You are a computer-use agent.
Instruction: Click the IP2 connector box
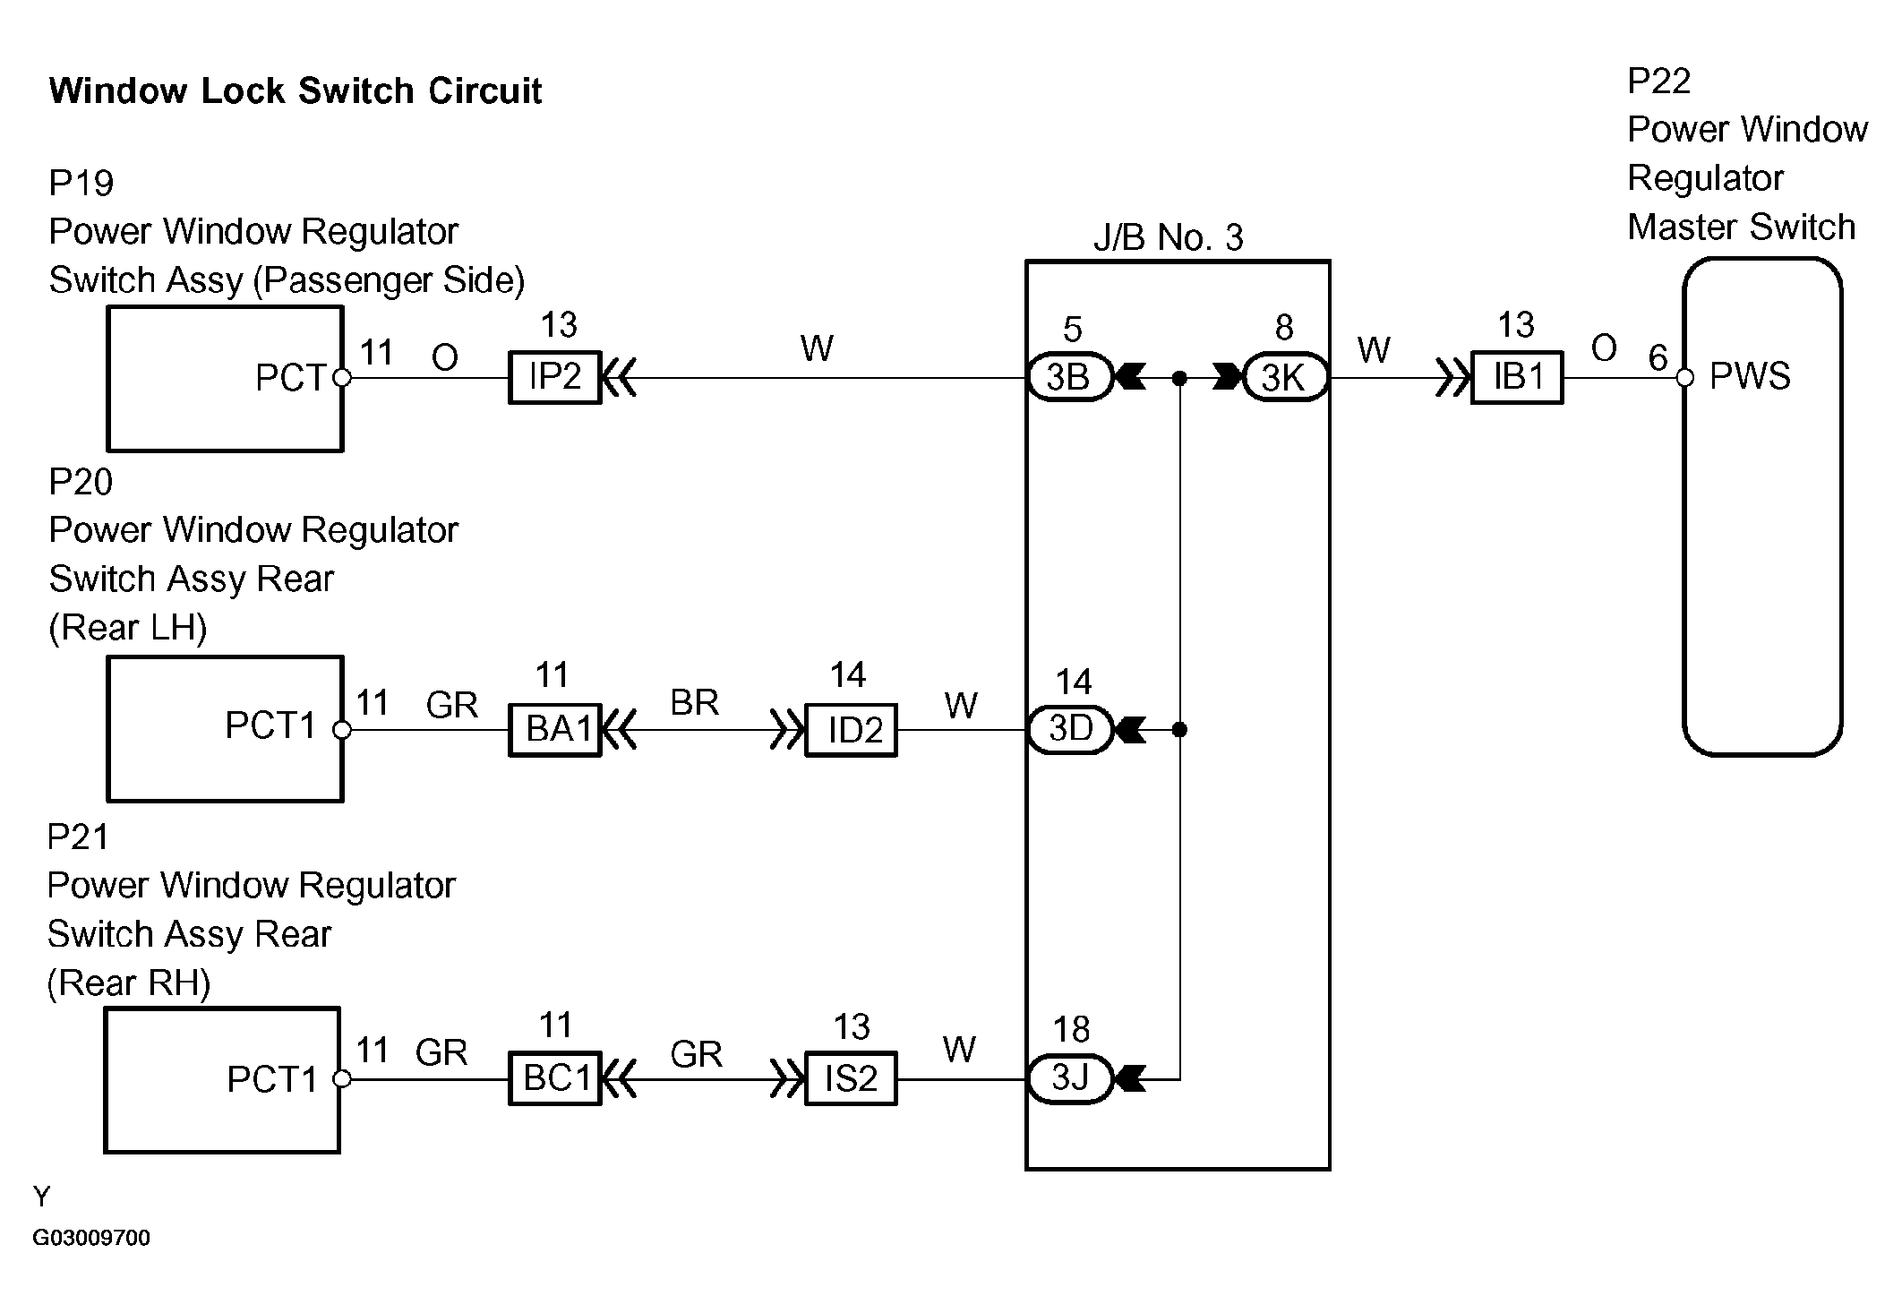(554, 377)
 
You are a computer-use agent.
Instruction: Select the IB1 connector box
(1518, 377)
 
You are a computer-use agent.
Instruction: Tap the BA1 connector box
(555, 730)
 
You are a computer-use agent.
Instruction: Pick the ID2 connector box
(852, 730)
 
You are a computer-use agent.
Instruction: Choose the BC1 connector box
(555, 1078)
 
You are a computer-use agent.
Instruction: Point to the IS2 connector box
(852, 1078)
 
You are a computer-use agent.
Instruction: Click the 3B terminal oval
(1068, 377)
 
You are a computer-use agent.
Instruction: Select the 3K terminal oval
(1284, 378)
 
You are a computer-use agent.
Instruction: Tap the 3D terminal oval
(1069, 729)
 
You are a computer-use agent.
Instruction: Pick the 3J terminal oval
(1069, 1078)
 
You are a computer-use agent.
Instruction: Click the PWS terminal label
(1750, 376)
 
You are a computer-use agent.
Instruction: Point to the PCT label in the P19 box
(290, 378)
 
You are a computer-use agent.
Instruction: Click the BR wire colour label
(694, 702)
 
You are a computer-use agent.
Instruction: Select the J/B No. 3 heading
(1169, 237)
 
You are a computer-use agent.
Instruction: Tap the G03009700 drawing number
(91, 1238)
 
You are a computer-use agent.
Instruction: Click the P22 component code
(1658, 82)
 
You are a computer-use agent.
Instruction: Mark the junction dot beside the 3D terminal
(1179, 730)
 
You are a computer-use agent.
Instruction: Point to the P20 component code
(81, 482)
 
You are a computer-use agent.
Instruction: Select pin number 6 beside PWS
(1658, 358)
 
